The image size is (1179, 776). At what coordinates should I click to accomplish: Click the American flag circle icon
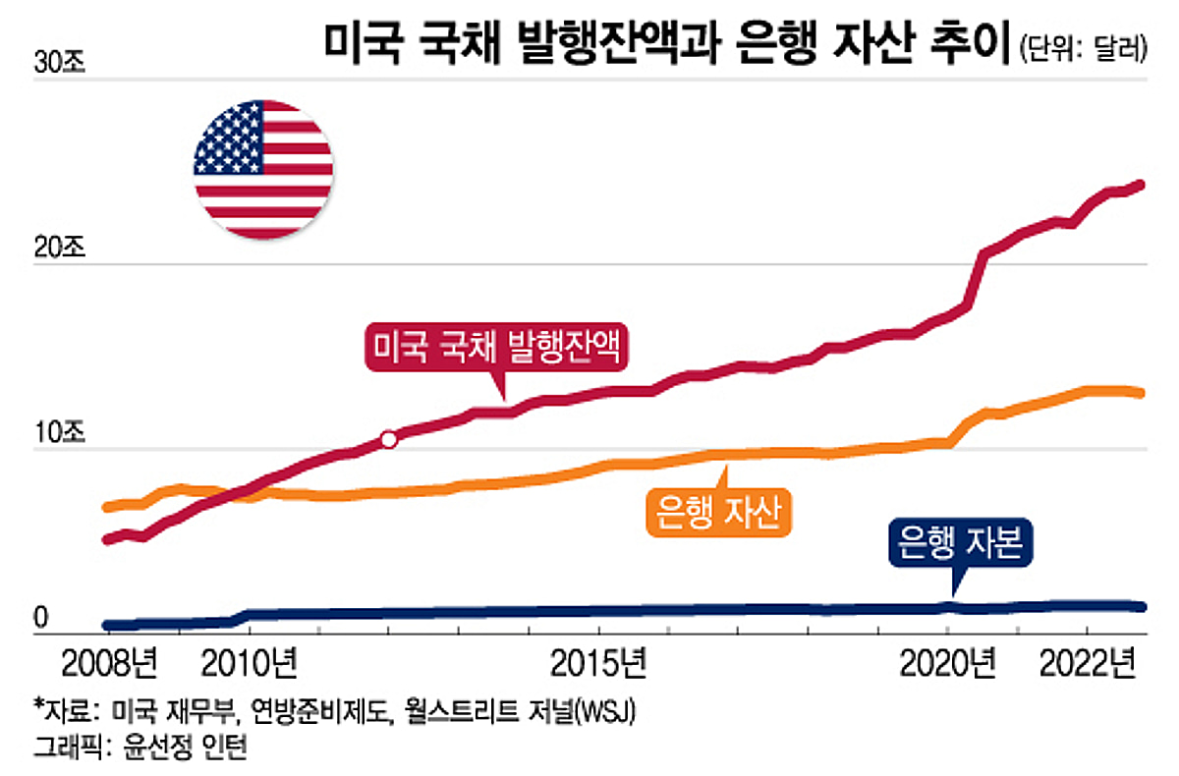pos(263,168)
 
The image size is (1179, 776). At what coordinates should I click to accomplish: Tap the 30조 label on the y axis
pos(61,63)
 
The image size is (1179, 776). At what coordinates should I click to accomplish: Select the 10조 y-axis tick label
pos(61,432)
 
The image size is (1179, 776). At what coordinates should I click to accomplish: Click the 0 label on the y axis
pos(41,617)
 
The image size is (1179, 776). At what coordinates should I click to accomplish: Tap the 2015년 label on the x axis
pos(598,665)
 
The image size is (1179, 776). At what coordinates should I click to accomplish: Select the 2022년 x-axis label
pos(1088,665)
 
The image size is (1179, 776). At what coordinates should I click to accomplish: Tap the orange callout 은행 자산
pos(719,512)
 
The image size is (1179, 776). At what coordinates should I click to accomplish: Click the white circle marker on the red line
pos(388,439)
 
